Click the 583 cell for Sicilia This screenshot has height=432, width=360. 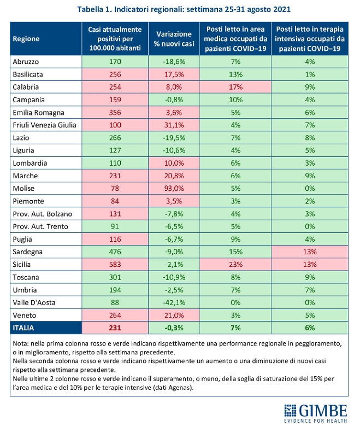pyautogui.click(x=115, y=264)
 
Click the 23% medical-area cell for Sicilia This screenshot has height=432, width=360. pyautogui.click(x=236, y=264)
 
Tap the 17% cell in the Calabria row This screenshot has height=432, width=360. pyautogui.click(x=236, y=87)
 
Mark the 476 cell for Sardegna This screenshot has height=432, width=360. pyautogui.click(x=115, y=252)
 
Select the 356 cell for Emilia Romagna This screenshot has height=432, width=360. pyautogui.click(x=115, y=113)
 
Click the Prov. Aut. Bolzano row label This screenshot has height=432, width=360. pyautogui.click(x=42, y=213)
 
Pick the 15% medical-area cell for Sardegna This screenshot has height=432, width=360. pyautogui.click(x=236, y=252)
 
